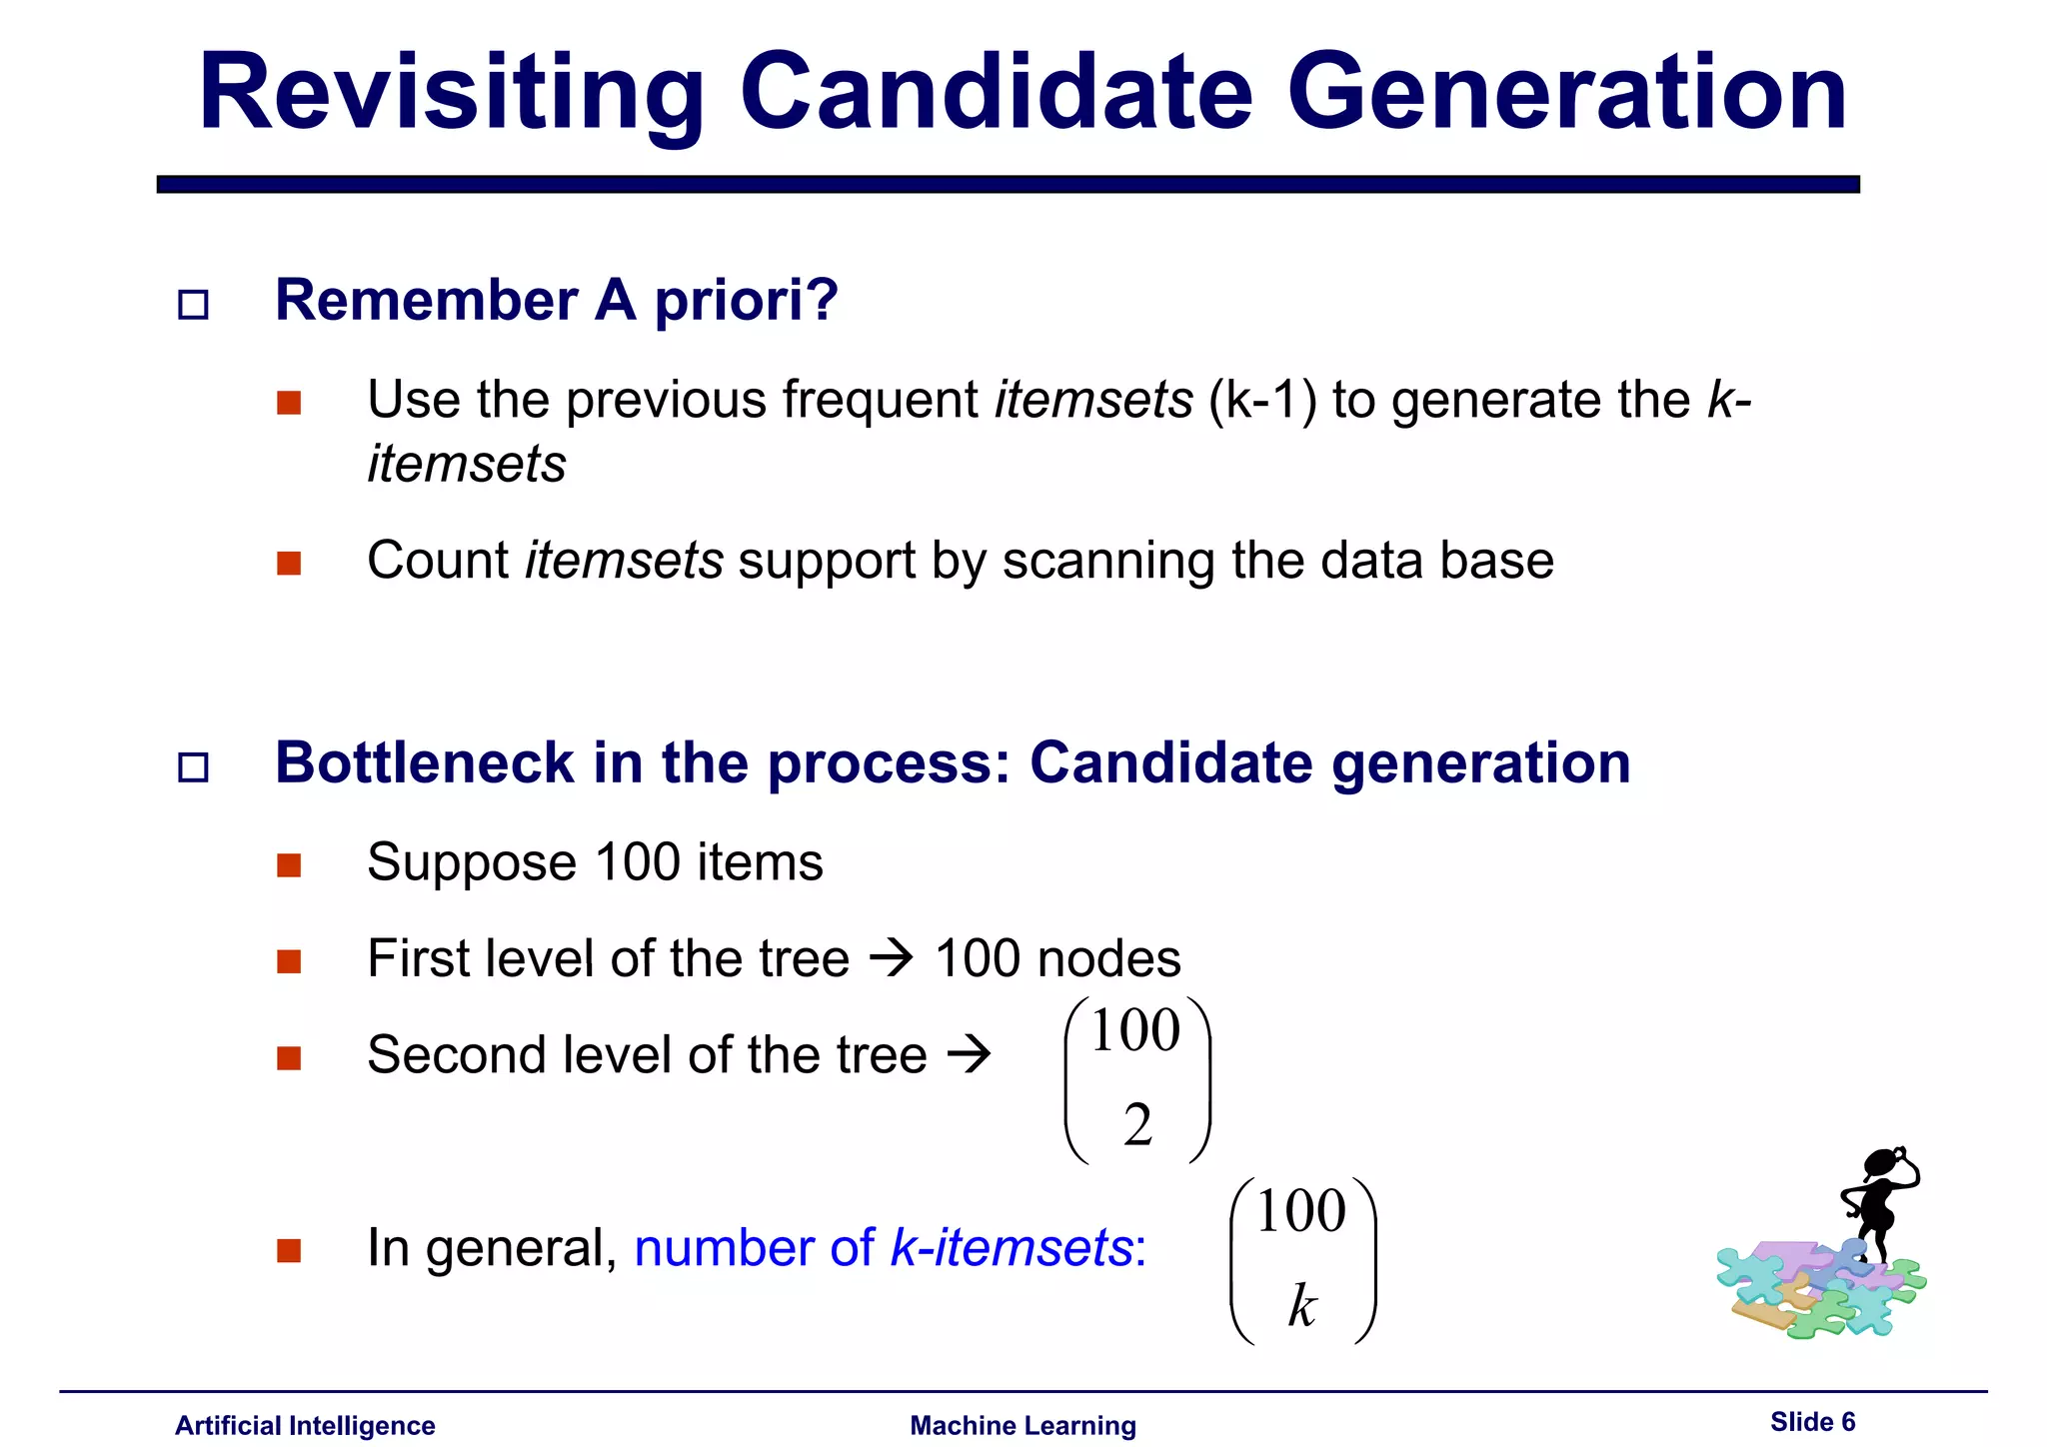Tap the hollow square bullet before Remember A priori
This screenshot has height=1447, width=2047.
[193, 305]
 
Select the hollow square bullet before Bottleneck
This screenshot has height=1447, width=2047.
[193, 767]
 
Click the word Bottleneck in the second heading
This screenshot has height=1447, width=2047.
[424, 763]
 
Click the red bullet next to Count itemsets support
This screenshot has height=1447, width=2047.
[289, 563]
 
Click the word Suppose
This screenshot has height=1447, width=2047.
[472, 862]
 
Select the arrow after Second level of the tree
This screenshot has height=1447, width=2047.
[968, 1054]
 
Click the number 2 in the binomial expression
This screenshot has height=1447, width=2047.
[1137, 1126]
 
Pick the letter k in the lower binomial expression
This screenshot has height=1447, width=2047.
[1301, 1306]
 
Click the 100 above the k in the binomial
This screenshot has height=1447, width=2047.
[1301, 1212]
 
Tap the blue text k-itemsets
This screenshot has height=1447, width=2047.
[1011, 1248]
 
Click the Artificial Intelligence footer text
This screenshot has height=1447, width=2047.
[305, 1425]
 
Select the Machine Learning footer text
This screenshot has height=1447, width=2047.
[1023, 1425]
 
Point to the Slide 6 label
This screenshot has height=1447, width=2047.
[1812, 1422]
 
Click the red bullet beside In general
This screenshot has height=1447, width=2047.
[289, 1250]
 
